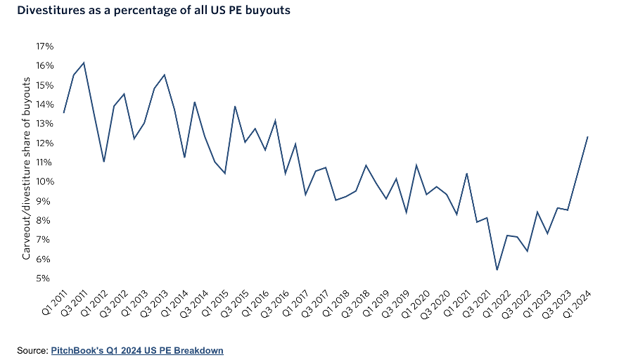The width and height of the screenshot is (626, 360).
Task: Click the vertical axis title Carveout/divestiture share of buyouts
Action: click(27, 169)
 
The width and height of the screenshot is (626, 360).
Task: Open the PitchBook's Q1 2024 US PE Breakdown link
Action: click(137, 350)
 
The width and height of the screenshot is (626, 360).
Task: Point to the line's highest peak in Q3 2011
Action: click(84, 63)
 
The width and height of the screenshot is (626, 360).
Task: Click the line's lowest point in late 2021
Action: click(497, 270)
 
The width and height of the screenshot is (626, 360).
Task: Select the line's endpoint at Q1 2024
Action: click(587, 136)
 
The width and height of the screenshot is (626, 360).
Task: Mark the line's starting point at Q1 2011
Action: click(64, 112)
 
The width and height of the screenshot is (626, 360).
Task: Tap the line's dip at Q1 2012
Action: click(104, 162)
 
